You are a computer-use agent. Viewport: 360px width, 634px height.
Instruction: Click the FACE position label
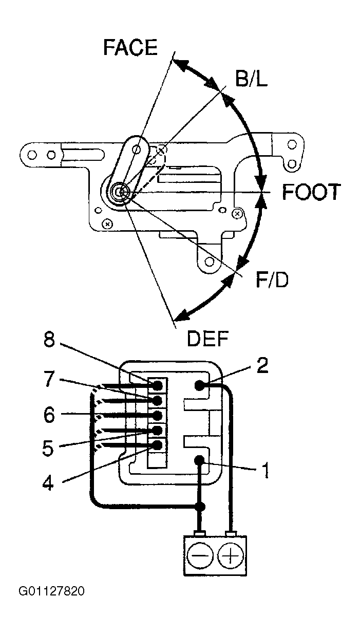coord(130,47)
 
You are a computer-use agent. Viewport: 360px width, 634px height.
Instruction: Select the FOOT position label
coord(311,192)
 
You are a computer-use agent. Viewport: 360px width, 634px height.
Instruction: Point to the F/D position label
coord(272,280)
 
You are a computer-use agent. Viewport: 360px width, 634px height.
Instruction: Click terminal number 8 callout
coord(49,340)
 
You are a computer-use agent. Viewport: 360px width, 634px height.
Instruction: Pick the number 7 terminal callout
coord(49,379)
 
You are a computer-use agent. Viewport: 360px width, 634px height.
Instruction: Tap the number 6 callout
coord(49,415)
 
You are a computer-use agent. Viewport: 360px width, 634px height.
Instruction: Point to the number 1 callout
coord(265,471)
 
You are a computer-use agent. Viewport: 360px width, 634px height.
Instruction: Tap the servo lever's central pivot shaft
coord(121,192)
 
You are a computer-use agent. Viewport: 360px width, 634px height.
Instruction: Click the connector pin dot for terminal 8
coord(157,385)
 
